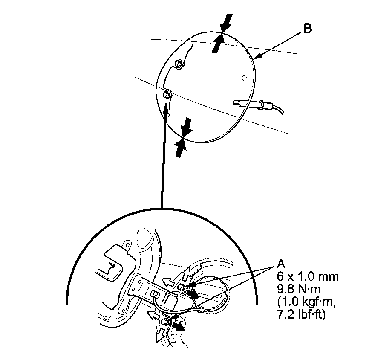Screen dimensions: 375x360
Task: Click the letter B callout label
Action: pyautogui.click(x=307, y=29)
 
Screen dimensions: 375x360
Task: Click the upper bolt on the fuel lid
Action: pyautogui.click(x=179, y=64)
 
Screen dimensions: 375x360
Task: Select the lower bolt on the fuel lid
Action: pyautogui.click(x=167, y=94)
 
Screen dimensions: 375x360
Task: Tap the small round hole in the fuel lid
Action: pyautogui.click(x=243, y=78)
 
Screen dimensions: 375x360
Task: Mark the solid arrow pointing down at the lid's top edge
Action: pyautogui.click(x=228, y=22)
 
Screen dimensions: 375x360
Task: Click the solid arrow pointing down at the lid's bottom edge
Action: pyautogui.click(x=187, y=126)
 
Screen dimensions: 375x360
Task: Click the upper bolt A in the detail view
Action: pyautogui.click(x=181, y=287)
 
